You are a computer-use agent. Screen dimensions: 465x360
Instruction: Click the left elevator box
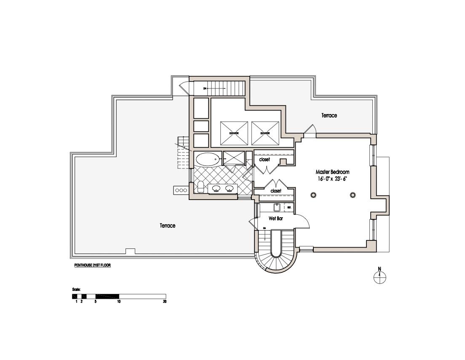point(234,133)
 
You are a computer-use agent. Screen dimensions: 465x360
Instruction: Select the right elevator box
point(265,133)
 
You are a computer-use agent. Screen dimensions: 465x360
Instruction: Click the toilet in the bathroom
point(201,187)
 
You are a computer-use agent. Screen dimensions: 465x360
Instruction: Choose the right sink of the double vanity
point(230,189)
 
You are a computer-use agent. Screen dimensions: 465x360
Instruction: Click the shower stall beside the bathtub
point(234,158)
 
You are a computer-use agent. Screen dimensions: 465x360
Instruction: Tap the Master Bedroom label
point(332,172)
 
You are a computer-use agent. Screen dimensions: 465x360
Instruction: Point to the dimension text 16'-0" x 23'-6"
point(332,179)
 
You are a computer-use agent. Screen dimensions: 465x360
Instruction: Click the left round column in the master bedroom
point(313,195)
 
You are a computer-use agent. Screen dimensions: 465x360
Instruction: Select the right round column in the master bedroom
point(353,195)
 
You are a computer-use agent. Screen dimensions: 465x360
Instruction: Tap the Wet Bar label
point(275,219)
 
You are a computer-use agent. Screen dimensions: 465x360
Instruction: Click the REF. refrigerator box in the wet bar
point(289,207)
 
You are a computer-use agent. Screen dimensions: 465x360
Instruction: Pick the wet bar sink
point(277,207)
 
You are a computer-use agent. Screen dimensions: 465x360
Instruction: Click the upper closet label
point(265,160)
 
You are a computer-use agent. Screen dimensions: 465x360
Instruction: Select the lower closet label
point(276,191)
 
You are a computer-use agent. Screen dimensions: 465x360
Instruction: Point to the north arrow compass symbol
point(380,276)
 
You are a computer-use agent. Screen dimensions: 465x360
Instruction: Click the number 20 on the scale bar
point(164,301)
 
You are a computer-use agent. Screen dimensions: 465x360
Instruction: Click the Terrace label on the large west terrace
point(167,226)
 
